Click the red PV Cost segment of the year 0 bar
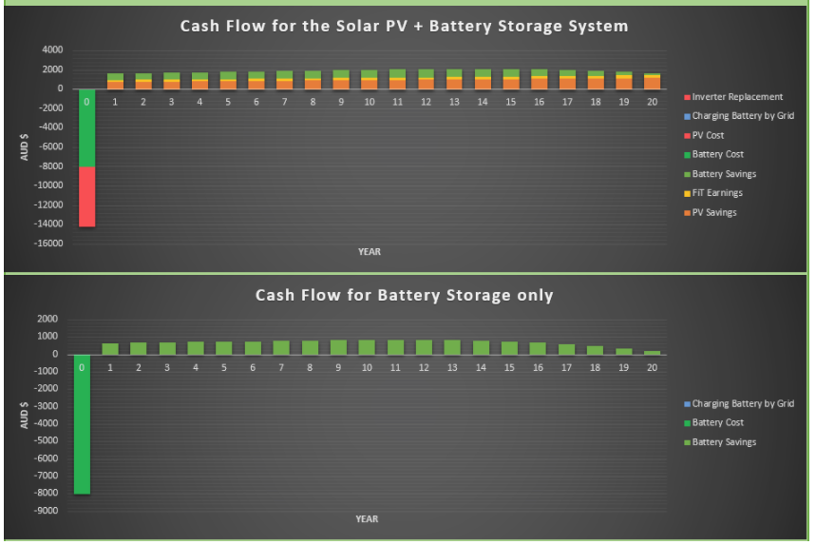(86, 197)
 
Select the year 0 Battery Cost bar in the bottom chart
(82, 424)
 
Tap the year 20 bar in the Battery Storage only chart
(652, 353)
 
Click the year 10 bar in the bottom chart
(367, 347)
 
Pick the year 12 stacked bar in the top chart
(426, 79)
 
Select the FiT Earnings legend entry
(713, 193)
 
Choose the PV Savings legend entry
(711, 213)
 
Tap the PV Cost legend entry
(704, 135)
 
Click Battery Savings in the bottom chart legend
(720, 442)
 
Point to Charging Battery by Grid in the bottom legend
(739, 404)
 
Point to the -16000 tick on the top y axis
(48, 243)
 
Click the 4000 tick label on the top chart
(52, 50)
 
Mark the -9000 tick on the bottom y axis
(46, 511)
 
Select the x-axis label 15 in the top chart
(510, 102)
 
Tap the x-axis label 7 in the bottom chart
(281, 368)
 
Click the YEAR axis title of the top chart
(370, 252)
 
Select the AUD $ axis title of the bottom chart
(24, 415)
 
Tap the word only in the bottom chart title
(535, 296)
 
